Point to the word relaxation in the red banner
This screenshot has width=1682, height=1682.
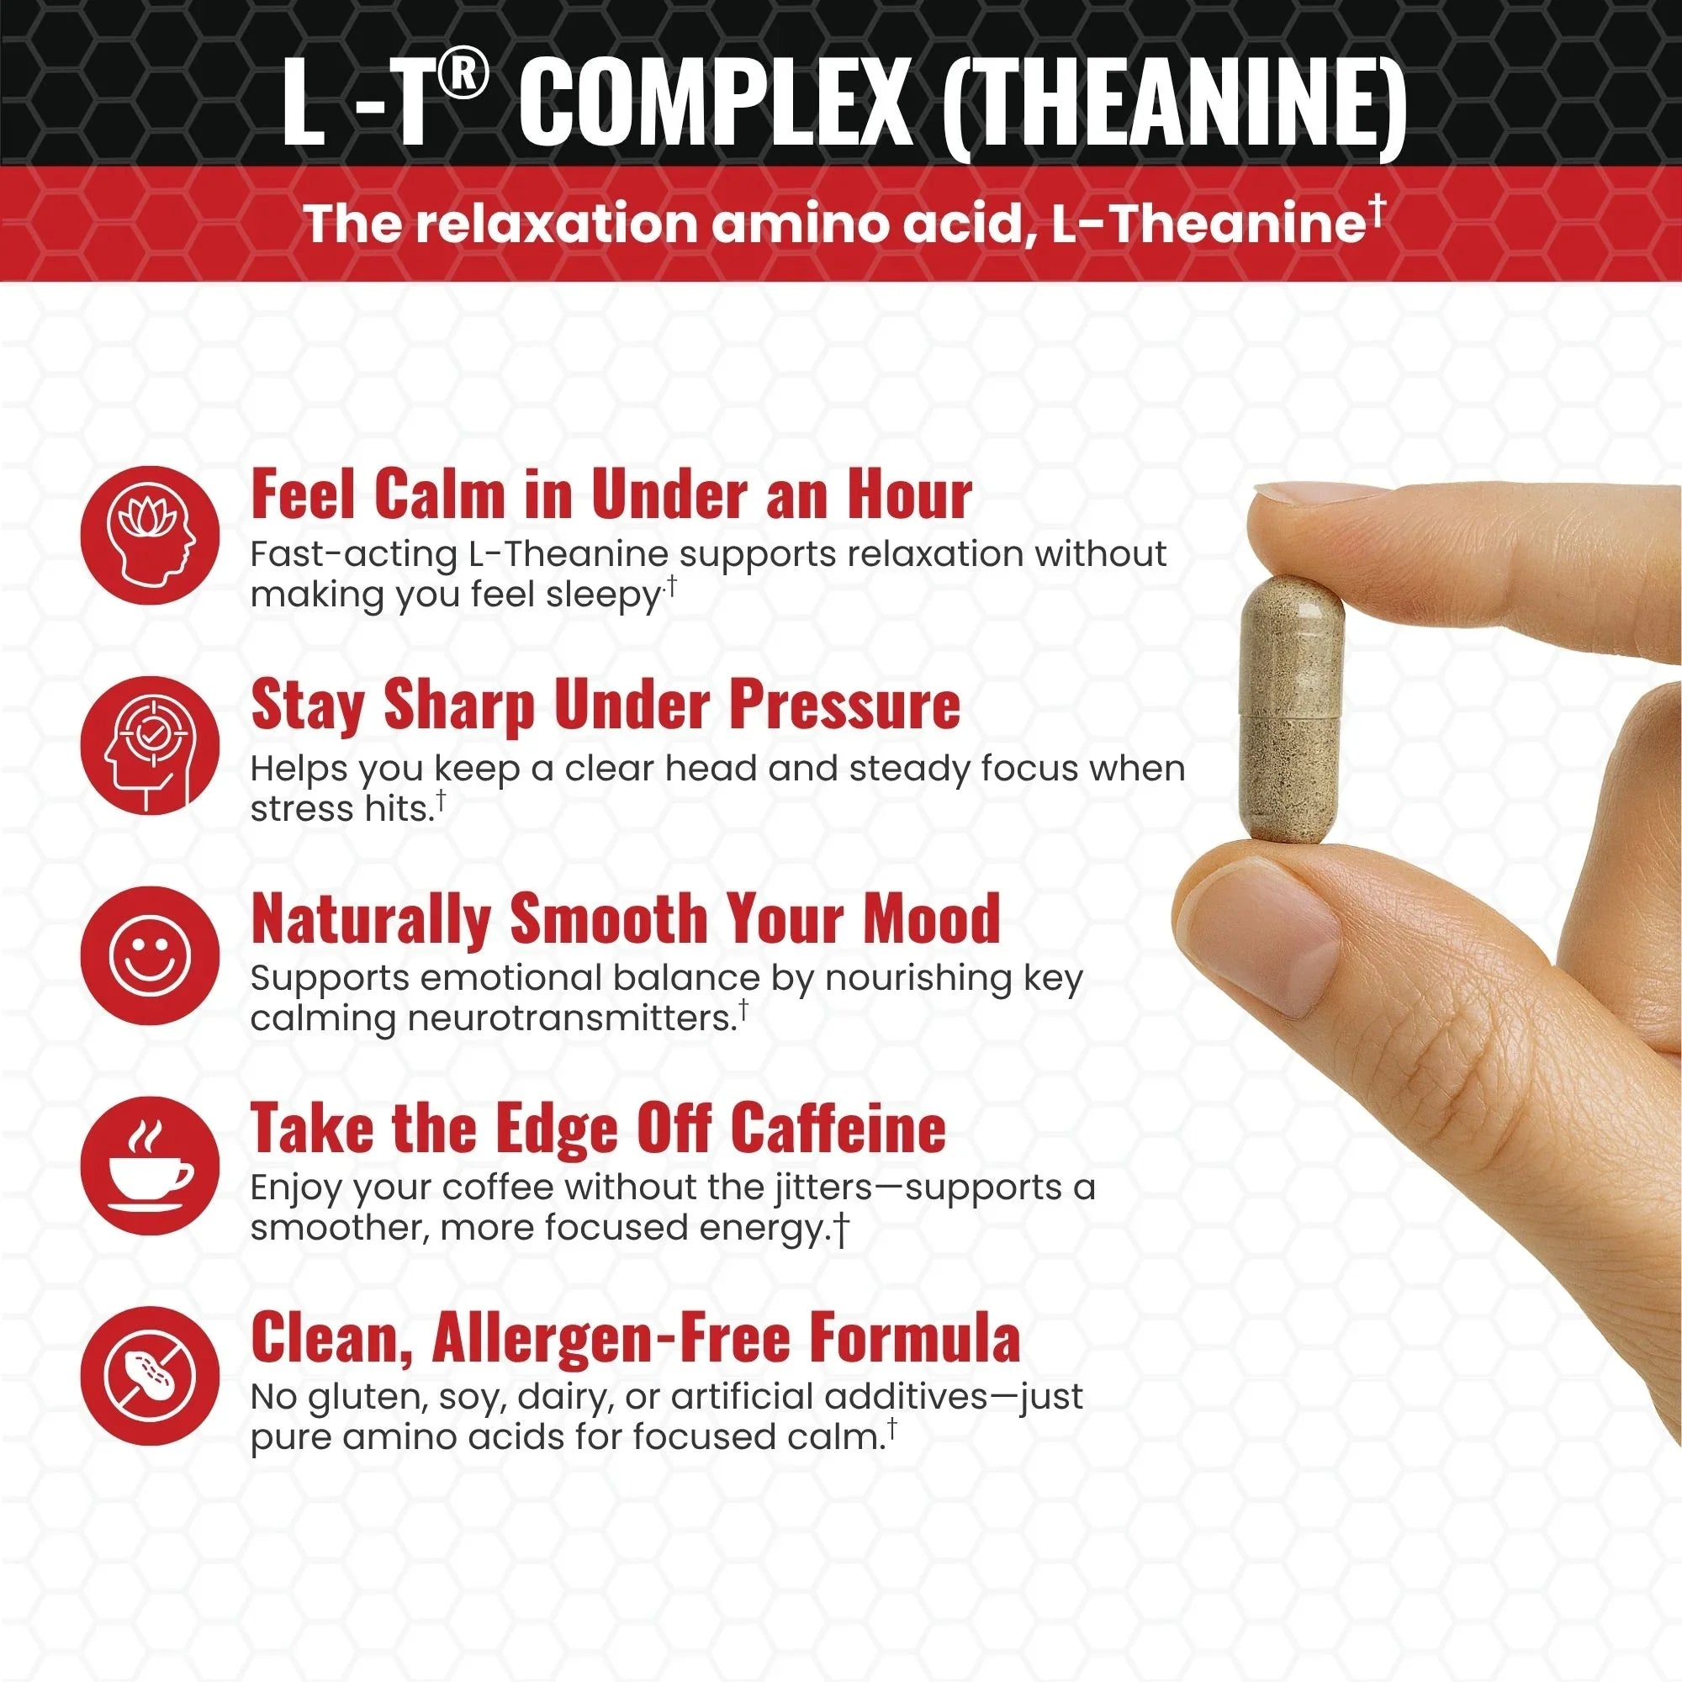558,224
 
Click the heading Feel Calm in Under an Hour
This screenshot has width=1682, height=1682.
611,495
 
